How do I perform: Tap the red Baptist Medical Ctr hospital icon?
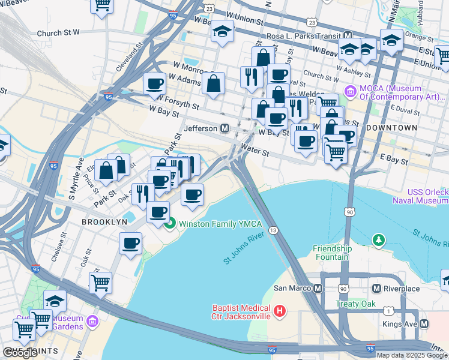tap(279, 311)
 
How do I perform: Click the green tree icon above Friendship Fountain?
tap(378, 241)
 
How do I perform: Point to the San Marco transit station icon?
tap(318, 288)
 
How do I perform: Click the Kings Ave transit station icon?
tap(424, 324)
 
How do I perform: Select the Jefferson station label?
tap(200, 128)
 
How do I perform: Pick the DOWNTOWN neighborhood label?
tap(391, 128)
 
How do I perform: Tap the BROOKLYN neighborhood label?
tap(105, 221)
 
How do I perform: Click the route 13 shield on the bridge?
tap(273, 230)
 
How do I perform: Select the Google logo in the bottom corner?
tap(20, 353)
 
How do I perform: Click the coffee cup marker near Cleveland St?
tap(154, 83)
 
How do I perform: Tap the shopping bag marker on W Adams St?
tap(213, 83)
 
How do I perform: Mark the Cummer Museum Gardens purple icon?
tap(92, 322)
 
